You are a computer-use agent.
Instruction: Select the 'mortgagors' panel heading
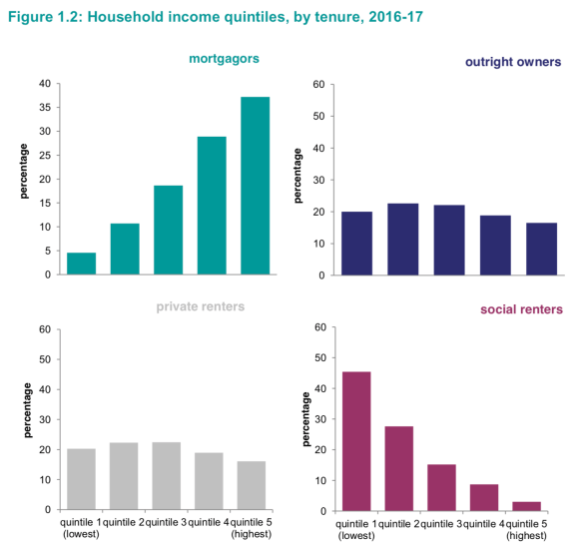(x=224, y=59)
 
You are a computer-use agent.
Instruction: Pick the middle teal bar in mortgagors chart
(x=168, y=230)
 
